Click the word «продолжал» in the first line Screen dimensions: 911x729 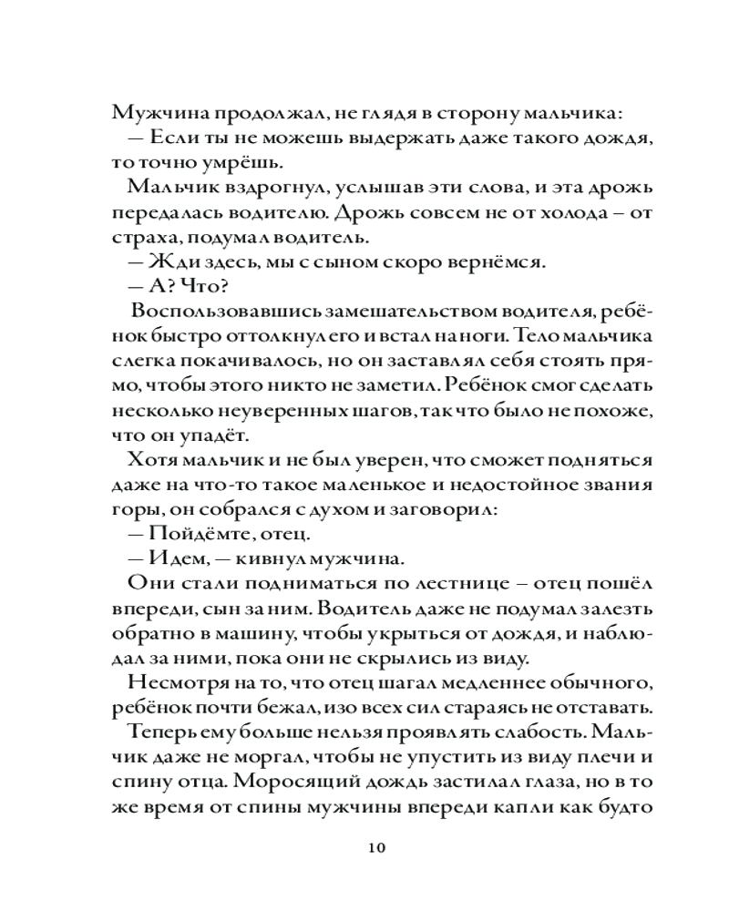click(x=241, y=112)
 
